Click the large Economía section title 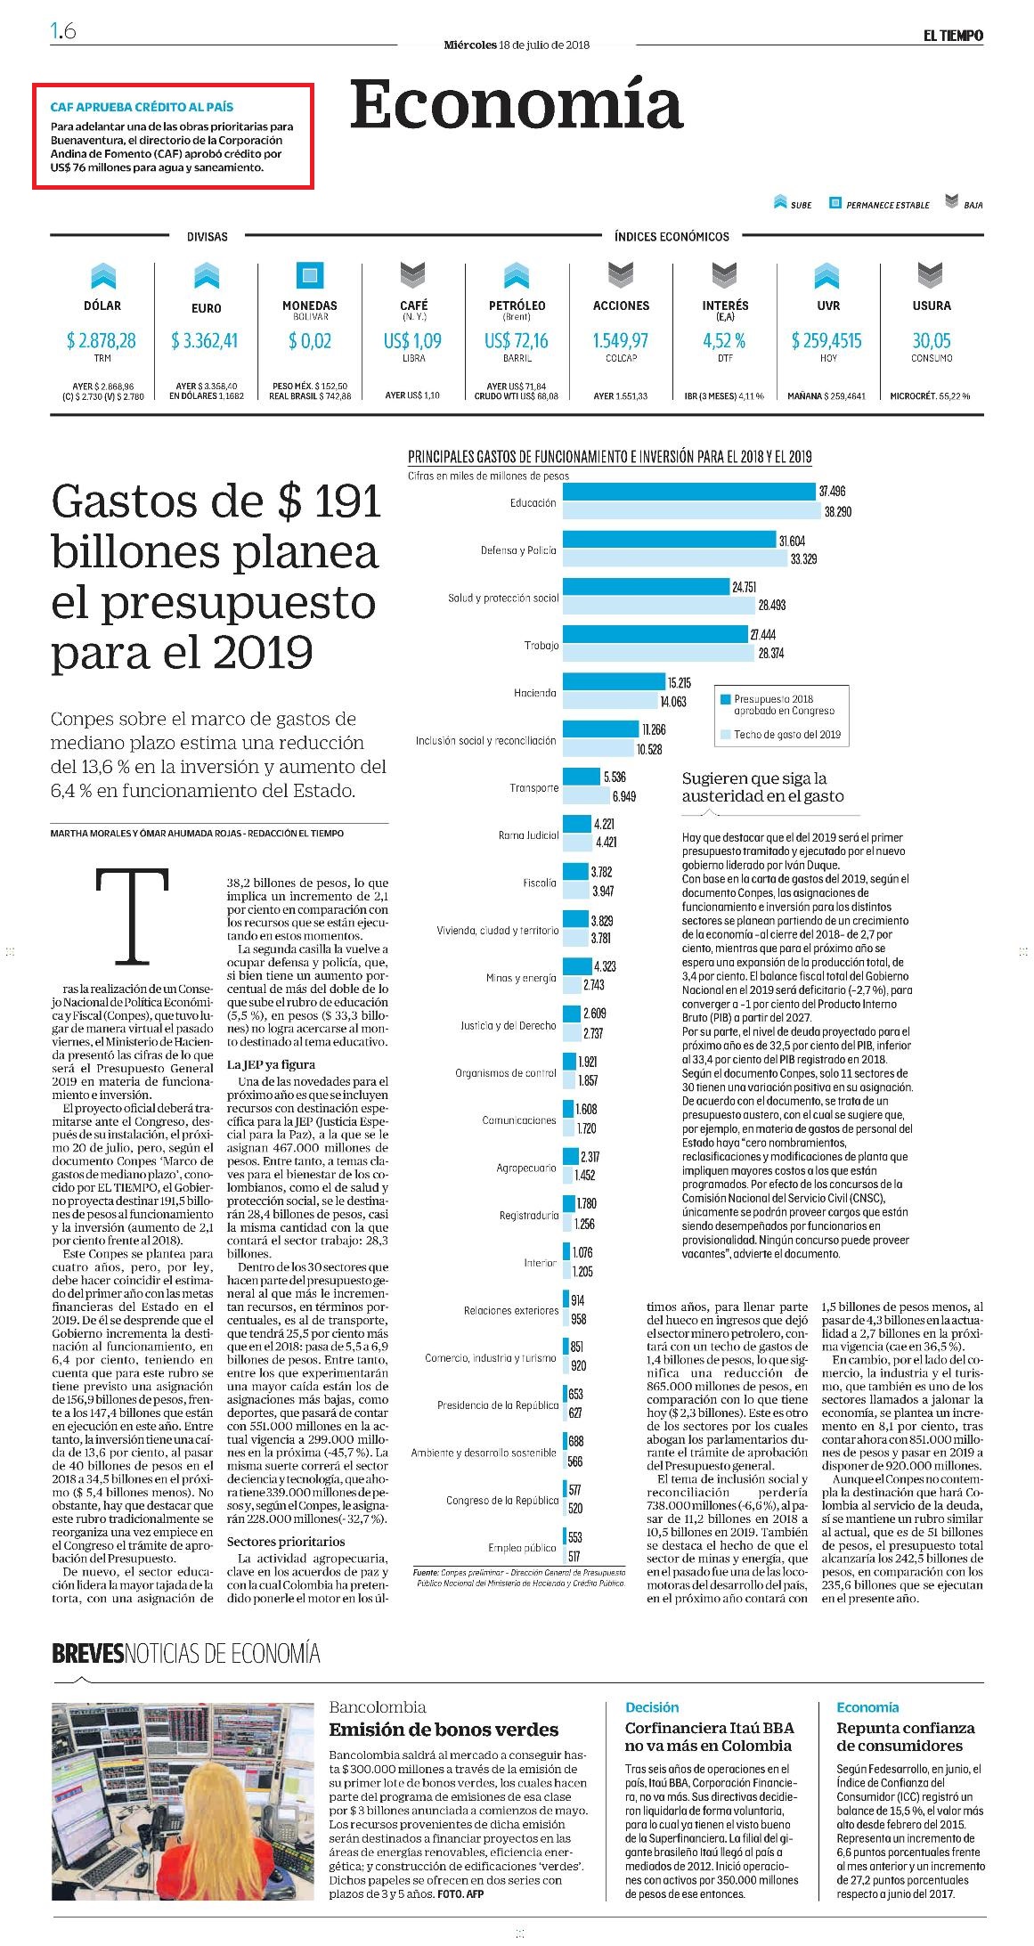click(x=517, y=105)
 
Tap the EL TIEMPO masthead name click(x=952, y=36)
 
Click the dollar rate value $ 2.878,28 click(x=102, y=340)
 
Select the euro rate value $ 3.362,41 click(x=206, y=340)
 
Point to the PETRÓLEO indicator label click(x=517, y=305)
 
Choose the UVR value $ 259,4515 click(x=826, y=340)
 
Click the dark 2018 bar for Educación click(x=689, y=492)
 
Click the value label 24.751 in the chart click(x=744, y=587)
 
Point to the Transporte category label click(x=534, y=788)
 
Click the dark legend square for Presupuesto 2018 click(x=727, y=699)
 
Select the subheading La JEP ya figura click(x=271, y=1064)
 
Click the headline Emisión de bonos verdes click(x=444, y=1730)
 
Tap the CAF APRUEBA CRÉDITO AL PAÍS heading click(x=142, y=107)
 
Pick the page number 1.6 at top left click(x=63, y=31)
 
